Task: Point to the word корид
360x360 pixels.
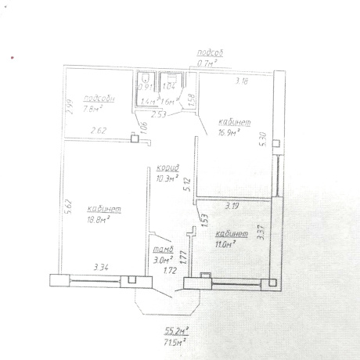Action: [x=167, y=168]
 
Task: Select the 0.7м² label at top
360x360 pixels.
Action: [x=208, y=63]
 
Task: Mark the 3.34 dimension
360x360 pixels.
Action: [x=100, y=268]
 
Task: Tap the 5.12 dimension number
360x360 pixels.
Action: [x=185, y=186]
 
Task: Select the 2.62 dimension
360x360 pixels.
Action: [x=97, y=131]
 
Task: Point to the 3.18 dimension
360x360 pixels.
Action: [x=242, y=80]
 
